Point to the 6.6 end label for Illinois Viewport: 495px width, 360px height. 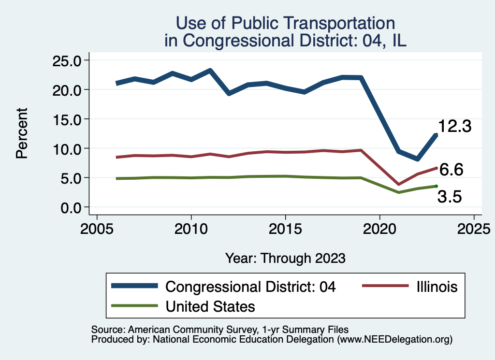click(x=451, y=170)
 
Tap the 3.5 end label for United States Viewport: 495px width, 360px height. click(x=450, y=197)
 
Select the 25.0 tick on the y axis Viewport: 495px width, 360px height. click(x=67, y=60)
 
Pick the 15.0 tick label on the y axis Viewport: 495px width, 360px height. click(x=67, y=119)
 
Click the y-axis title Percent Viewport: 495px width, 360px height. click(x=21, y=133)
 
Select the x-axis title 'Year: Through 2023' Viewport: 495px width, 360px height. click(x=285, y=258)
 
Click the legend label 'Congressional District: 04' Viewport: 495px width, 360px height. click(x=250, y=287)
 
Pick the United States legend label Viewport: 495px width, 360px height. click(x=210, y=306)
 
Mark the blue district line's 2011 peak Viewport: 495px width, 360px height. click(x=210, y=71)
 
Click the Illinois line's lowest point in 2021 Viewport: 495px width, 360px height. click(x=398, y=184)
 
